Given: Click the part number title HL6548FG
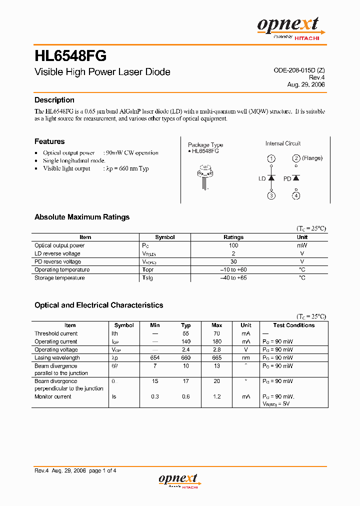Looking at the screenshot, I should point(70,55).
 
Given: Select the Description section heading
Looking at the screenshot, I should point(54,100).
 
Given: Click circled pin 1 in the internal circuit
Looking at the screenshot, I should point(271,158).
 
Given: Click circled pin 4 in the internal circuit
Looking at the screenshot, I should point(296,195).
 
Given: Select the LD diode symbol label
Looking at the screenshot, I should point(261,178).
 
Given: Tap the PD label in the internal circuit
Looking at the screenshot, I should point(287,178).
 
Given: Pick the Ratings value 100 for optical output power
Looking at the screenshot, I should point(233,245).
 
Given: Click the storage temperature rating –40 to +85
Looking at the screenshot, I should point(233,278).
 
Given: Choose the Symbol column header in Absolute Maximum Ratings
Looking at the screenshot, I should point(165,237).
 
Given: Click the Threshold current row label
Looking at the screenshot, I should point(56,333).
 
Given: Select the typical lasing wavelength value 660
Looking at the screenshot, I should point(186,358).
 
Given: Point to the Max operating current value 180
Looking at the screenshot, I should point(217,341).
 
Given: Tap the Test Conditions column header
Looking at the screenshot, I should point(293,325).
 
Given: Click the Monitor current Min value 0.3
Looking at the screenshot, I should point(155,396).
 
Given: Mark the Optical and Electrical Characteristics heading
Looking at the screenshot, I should point(98,305).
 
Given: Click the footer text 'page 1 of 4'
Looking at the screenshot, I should point(103,470).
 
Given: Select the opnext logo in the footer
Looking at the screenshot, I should point(178,480).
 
